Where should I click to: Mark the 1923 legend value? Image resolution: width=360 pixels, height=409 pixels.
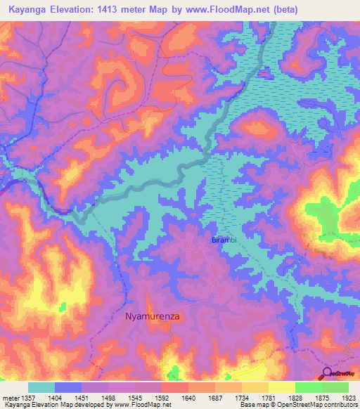(349, 398)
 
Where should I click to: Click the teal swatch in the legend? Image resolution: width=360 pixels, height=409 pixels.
(41, 387)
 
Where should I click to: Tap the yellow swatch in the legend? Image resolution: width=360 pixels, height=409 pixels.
(281, 387)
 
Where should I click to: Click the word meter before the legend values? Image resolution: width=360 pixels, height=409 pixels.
(10, 398)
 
